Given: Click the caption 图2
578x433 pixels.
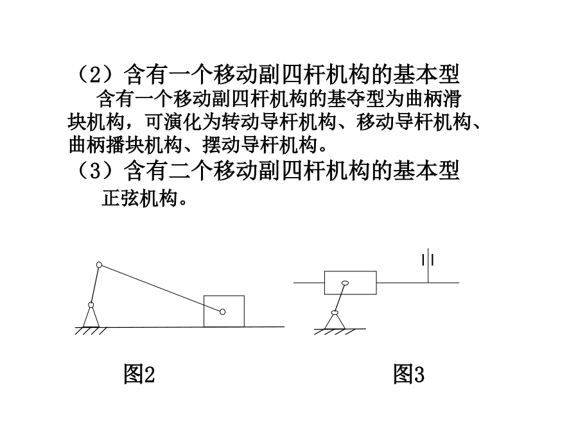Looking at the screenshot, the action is (x=139, y=374).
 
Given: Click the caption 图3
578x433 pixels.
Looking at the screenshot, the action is (x=408, y=374).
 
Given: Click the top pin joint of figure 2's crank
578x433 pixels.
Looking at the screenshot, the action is (x=99, y=265).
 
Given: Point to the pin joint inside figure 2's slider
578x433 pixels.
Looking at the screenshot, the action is (x=222, y=312).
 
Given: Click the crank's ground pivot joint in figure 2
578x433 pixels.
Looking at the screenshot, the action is (x=91, y=305).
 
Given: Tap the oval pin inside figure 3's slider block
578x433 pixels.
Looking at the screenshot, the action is (x=345, y=283).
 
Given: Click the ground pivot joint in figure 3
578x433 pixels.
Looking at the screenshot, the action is (x=335, y=312).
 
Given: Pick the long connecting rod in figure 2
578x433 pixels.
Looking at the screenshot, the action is (x=161, y=288).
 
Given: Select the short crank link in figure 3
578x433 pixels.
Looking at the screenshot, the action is (x=340, y=298).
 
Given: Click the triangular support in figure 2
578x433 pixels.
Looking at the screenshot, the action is (x=91, y=317).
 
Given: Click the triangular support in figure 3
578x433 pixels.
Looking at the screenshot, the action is (x=335, y=321).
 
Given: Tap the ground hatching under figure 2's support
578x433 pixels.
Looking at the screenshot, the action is (x=91, y=330).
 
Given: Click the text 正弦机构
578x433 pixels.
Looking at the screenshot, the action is (x=140, y=198).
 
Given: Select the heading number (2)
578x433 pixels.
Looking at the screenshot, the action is (x=95, y=75).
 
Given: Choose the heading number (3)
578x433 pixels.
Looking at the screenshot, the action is (x=95, y=171).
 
